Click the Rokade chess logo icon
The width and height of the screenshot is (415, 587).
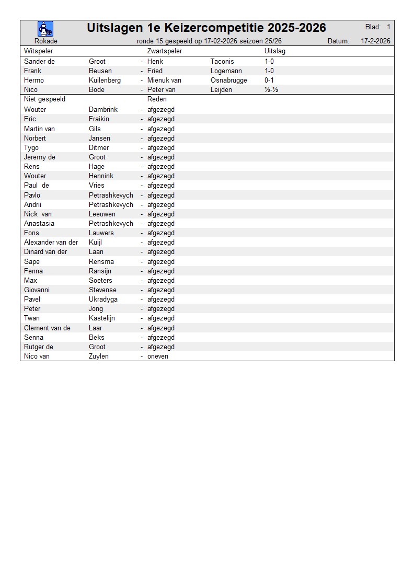pos(45,29)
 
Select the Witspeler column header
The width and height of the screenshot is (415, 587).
pos(39,51)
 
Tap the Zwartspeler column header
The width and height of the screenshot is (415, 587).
pos(165,51)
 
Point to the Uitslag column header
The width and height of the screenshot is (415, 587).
pos(275,51)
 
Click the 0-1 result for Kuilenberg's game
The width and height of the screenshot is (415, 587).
pos(269,80)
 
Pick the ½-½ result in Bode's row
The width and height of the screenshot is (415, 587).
pos(271,90)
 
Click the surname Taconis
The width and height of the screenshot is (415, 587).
pos(222,62)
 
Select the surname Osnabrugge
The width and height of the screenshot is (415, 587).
pos(229,80)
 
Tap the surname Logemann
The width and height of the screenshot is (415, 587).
pos(226,71)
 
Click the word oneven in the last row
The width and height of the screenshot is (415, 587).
pos(158,356)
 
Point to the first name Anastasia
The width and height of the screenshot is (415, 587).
pos(39,224)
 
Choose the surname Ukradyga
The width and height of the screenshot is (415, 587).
pos(103,300)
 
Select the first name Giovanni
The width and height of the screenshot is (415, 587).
pos(37,290)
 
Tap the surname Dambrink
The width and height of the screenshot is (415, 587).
pos(103,110)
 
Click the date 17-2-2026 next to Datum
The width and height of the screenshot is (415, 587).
pos(375,41)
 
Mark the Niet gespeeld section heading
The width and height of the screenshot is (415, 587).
pos(45,99)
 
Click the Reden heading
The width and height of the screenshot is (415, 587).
pos(157,99)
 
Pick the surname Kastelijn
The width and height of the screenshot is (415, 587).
pos(102,318)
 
